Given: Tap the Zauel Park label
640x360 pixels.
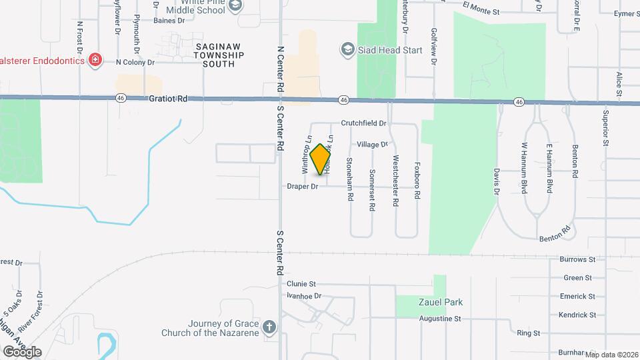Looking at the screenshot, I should [441, 302].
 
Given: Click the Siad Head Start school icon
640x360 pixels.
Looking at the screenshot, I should [347, 49].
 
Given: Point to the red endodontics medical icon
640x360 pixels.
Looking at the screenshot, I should [96, 61].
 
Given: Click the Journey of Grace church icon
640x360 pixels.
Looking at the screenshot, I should [269, 327].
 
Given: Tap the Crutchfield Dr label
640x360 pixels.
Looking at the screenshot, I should [364, 123].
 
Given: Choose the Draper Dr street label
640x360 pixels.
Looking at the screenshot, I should [303, 187].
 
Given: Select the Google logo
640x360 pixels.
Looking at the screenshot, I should [22, 352].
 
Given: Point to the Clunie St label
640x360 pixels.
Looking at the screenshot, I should [301, 283].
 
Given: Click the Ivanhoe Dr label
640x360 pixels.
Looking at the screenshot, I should [304, 295].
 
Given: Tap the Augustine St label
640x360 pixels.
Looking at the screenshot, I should [440, 319].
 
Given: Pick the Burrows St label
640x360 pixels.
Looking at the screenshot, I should [577, 259].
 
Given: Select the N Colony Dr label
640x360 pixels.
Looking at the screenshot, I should [135, 62].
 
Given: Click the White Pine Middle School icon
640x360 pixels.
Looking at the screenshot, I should [234, 6].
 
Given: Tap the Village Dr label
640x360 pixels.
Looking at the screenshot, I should [372, 145].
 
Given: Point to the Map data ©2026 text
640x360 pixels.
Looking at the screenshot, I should [610, 354].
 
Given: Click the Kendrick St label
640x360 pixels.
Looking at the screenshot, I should [577, 315].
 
